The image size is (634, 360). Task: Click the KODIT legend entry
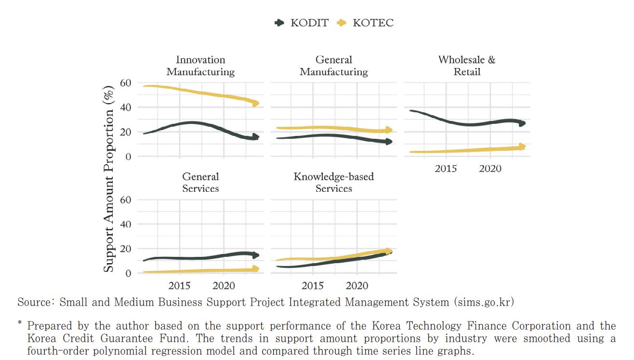(x=301, y=23)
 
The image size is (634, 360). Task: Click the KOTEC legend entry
(x=365, y=23)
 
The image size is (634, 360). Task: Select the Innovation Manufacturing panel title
(x=200, y=66)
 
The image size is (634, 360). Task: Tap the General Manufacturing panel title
(x=333, y=66)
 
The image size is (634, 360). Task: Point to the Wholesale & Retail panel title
(x=466, y=66)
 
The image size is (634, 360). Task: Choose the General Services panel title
(x=200, y=183)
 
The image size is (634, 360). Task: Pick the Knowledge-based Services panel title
(x=333, y=183)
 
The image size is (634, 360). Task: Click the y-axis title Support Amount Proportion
(x=109, y=178)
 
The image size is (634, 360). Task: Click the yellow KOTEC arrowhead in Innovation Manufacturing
(x=256, y=103)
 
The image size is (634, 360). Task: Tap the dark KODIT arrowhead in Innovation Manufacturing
(x=256, y=137)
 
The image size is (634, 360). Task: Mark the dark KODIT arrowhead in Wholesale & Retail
(x=522, y=123)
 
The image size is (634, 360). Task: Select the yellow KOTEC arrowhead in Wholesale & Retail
(x=522, y=147)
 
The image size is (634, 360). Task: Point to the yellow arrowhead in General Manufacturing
(x=389, y=130)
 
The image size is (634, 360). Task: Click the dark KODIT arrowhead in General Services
(x=256, y=255)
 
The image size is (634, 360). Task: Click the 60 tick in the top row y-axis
(x=125, y=83)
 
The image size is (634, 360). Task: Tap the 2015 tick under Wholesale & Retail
(x=446, y=169)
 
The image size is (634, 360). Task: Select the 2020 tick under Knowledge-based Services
(x=357, y=286)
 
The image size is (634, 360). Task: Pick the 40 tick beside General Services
(x=125, y=224)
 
